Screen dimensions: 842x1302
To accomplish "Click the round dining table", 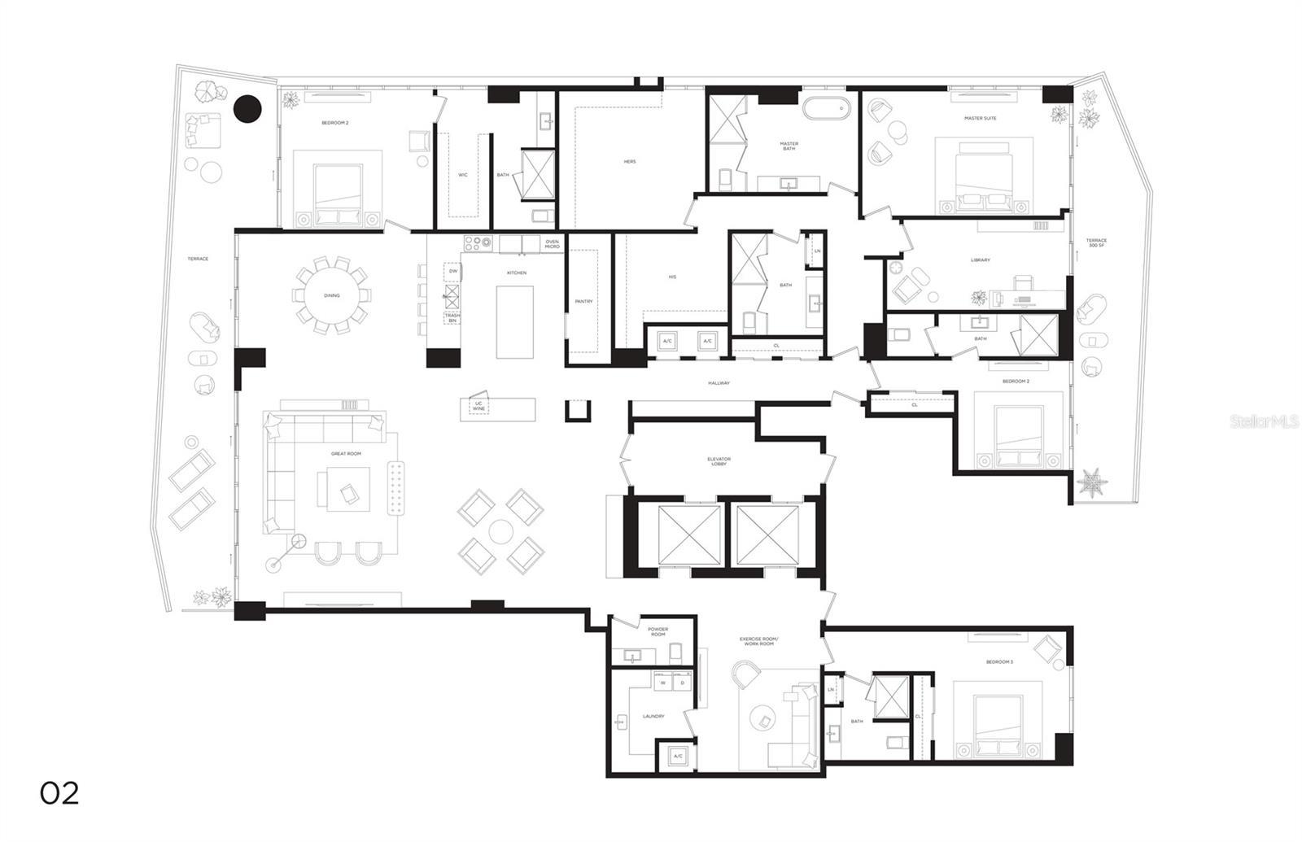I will coord(331,295).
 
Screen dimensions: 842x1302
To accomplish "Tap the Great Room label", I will coord(346,453).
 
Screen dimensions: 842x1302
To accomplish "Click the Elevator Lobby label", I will coord(719,461).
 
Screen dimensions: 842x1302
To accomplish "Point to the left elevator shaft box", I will coord(689,534).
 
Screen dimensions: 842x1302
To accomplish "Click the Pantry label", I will coord(583,302).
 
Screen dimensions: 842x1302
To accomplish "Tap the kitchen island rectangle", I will coord(515,321).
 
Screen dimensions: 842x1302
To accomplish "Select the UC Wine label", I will coord(478,406).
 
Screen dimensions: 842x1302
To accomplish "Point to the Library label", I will coord(980,260).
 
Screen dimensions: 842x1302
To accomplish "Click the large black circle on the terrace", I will coord(247,108).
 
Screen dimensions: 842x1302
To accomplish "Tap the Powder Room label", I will coord(658,631).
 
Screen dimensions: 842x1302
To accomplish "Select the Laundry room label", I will coord(653,717).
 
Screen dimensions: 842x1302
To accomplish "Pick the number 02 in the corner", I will coord(59,793).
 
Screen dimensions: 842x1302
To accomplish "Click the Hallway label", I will coord(719,383).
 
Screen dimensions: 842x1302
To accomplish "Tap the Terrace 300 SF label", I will coord(1096,243).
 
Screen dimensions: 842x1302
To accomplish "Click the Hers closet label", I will coord(630,162).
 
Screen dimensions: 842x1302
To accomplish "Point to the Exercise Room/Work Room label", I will coord(758,642).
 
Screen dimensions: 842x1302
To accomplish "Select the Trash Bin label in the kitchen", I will coord(452,318).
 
